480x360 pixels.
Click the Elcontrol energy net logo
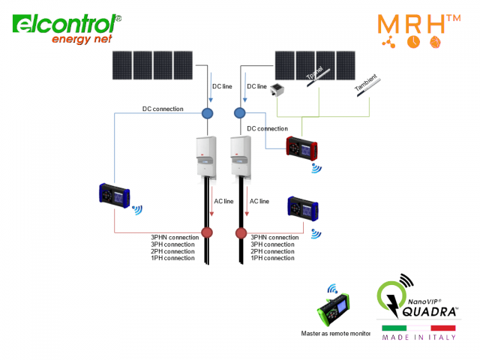pos(65,28)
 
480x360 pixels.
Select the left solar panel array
pos(151,64)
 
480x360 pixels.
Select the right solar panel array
pos(315,64)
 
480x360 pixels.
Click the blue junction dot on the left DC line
pos(208,113)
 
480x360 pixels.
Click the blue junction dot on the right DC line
pos(240,113)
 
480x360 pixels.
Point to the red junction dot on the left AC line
pos(208,232)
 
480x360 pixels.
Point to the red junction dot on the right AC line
pos(241,232)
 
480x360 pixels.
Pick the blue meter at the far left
pos(114,195)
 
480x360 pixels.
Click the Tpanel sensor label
pos(316,72)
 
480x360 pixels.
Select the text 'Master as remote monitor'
pos(336,334)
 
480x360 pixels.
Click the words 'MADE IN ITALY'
pos(418,337)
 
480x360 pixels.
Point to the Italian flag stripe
pos(418,328)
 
